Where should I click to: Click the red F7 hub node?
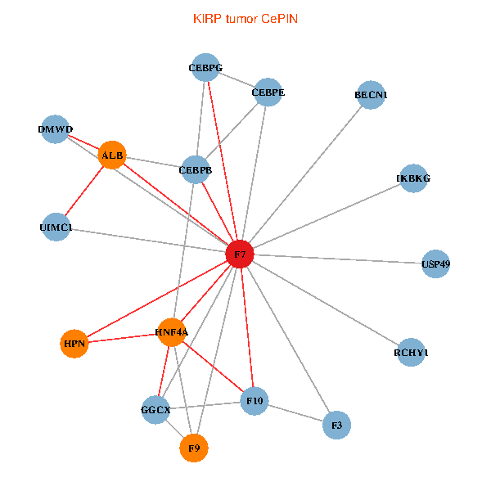240,255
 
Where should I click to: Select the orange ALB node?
112,155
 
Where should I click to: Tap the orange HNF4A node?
171,332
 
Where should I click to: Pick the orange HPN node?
74,343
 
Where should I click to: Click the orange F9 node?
194,448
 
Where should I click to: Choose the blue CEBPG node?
205,68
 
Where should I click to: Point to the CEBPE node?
268,92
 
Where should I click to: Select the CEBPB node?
195,170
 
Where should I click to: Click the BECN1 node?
371,95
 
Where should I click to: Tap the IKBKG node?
412,178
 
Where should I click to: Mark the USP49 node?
435,264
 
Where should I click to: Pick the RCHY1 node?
411,352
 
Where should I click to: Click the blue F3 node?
336,425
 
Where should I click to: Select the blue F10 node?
254,401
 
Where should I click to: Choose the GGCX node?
155,409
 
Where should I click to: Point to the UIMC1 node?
56,227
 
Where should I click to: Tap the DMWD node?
55,129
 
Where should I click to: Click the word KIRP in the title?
206,18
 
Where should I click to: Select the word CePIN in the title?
281,18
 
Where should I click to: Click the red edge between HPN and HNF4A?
123,338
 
